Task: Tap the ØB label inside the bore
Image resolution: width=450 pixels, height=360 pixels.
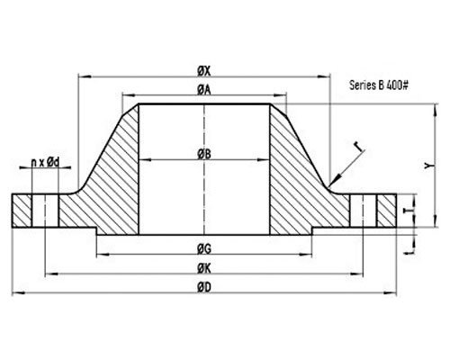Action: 204,155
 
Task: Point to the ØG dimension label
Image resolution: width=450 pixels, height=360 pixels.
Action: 204,247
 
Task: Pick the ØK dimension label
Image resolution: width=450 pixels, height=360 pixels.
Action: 204,267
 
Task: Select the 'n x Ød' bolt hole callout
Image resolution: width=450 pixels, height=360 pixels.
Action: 45,162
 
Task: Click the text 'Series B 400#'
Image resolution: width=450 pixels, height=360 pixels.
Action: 378,86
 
